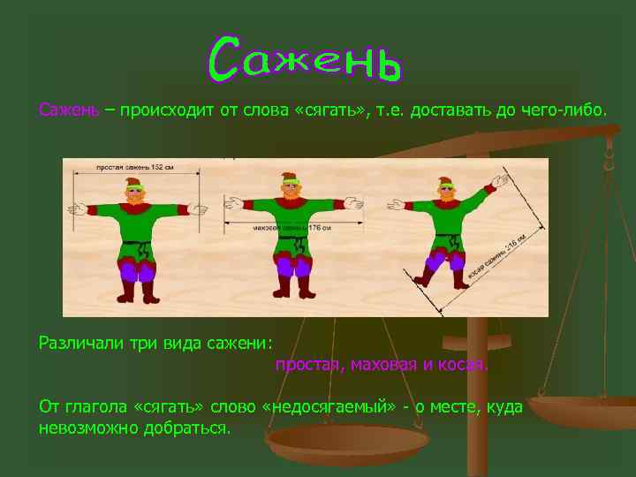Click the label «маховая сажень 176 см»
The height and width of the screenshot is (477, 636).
click(291, 228)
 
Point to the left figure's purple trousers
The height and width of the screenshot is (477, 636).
click(137, 267)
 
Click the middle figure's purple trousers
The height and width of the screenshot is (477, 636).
click(294, 265)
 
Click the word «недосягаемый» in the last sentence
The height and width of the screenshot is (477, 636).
click(329, 406)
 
